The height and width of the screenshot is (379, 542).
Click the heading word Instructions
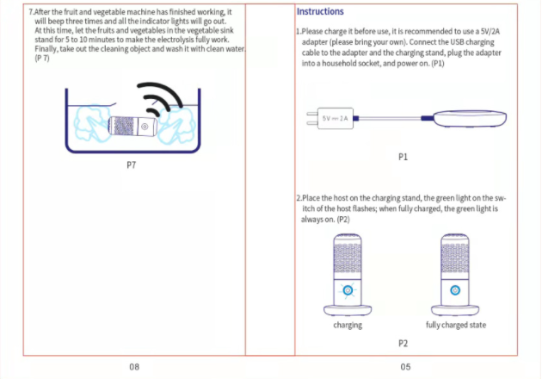[320, 12]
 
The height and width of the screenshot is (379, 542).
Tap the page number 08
[134, 367]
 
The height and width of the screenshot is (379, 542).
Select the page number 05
[405, 367]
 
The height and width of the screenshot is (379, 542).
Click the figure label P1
[403, 158]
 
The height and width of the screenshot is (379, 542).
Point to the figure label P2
[403, 343]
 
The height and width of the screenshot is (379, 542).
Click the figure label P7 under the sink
[131, 162]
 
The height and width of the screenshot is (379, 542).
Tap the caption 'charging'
[348, 325]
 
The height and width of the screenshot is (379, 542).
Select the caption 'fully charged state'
[456, 325]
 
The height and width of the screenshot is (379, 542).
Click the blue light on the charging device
[348, 290]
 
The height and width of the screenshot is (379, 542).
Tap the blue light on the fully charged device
[456, 290]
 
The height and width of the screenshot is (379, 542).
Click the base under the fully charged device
[456, 309]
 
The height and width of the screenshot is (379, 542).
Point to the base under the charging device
[348, 309]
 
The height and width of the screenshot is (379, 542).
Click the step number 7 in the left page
[31, 13]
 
